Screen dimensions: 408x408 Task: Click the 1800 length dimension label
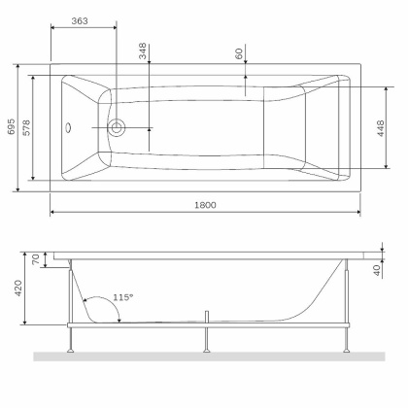[204, 205]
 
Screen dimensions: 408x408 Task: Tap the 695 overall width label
[10, 128]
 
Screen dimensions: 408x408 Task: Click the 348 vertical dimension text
[142, 52]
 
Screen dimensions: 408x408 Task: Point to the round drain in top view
[118, 126]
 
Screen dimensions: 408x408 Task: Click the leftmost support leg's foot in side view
[71, 347]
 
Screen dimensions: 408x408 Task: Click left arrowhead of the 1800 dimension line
[53, 212]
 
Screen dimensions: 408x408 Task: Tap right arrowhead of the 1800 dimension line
[358, 212]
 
